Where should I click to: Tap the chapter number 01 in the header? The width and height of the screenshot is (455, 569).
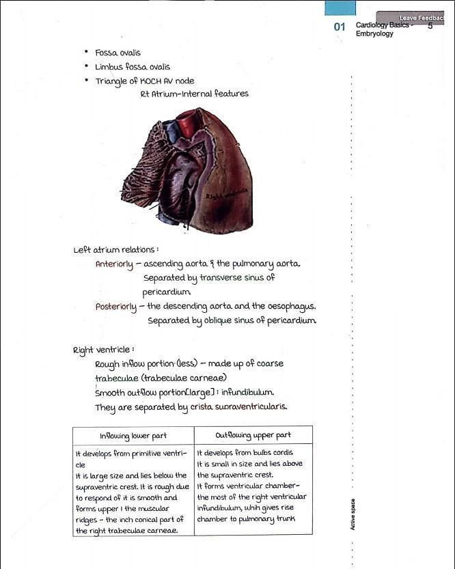(x=340, y=27)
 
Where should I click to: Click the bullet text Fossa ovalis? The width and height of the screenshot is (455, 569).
(x=118, y=53)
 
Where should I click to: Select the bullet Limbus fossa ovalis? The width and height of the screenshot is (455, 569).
(x=132, y=67)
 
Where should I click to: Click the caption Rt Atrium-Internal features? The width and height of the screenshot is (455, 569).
(x=194, y=94)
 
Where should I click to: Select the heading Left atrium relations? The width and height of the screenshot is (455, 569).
(x=115, y=249)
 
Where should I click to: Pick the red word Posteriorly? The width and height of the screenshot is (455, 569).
(x=116, y=307)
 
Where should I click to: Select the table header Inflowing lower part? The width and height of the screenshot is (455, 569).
(x=133, y=436)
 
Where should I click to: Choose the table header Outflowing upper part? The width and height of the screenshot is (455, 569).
(x=253, y=435)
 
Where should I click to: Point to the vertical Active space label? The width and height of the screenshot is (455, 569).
(x=353, y=514)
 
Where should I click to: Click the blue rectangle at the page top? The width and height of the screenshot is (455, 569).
(x=340, y=8)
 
